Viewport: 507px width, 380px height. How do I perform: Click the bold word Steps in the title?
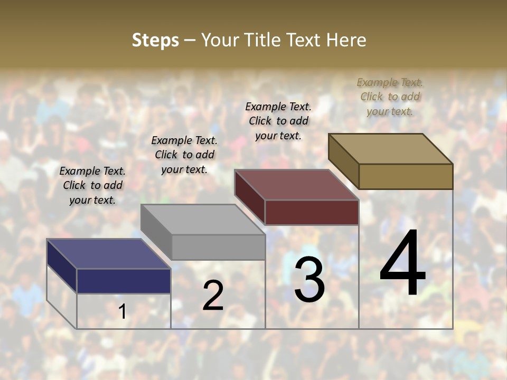155,40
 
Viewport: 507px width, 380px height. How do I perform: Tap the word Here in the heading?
346,40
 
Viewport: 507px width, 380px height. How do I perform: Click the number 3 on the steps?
309,280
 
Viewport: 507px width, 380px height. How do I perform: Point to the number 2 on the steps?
213,296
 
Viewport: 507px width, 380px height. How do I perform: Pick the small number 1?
123,312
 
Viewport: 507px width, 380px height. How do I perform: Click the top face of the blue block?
108,254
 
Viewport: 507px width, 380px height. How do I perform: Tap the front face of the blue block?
124,281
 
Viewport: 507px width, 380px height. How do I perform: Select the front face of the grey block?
218,247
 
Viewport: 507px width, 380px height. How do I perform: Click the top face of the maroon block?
296,185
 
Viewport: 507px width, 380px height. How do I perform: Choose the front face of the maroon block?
312,212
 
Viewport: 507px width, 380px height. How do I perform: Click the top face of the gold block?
391,149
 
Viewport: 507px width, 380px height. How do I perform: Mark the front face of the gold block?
406,176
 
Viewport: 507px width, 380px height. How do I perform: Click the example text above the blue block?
92,185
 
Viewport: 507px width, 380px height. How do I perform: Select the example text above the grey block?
184,155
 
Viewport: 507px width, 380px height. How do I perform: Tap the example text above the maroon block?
278,121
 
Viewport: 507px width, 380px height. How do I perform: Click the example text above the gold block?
390,97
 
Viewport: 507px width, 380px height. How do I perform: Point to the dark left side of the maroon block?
249,195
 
